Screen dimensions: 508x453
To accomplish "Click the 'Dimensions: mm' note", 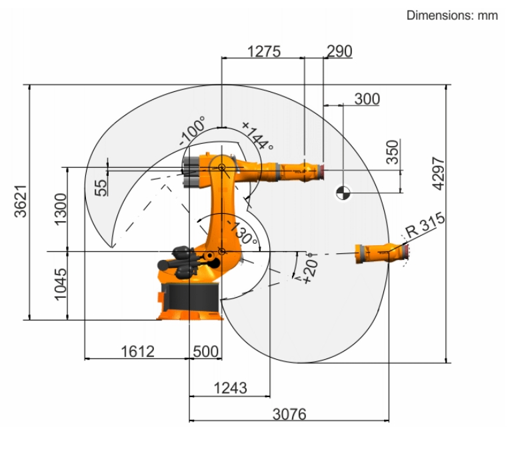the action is pyautogui.click(x=452, y=15).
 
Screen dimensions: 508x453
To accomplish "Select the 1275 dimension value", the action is pyautogui.click(x=264, y=51).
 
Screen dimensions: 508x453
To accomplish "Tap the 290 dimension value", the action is pyautogui.click(x=339, y=51).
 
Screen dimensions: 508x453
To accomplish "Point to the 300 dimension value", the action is pyautogui.click(x=367, y=99).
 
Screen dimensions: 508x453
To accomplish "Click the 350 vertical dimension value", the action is pyautogui.click(x=393, y=152).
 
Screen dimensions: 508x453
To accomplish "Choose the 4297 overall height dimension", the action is pyautogui.click(x=438, y=173).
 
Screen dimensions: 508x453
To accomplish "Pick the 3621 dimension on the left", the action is pyautogui.click(x=21, y=201).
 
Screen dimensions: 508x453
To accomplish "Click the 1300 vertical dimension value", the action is pyautogui.click(x=61, y=209).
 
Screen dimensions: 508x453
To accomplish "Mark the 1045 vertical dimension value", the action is pyautogui.click(x=61, y=284).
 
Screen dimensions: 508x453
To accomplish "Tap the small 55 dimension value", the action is pyautogui.click(x=101, y=188).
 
